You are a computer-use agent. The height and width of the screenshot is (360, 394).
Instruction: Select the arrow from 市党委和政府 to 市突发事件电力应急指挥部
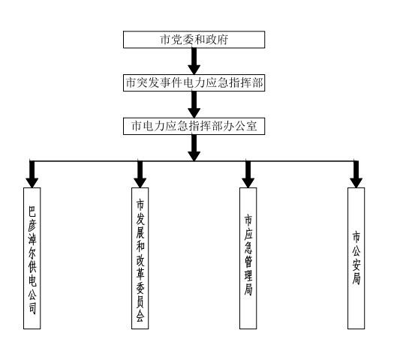[194, 61]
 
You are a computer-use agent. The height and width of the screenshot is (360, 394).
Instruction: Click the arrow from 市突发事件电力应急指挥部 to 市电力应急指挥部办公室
[194, 104]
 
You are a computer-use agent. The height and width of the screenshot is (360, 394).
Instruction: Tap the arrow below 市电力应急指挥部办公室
[194, 148]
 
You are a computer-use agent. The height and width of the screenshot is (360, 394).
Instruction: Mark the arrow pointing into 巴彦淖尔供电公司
[32, 174]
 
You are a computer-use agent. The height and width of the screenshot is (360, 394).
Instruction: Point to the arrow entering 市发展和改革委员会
[140, 174]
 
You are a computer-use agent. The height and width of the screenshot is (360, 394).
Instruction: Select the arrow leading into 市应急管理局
[248, 174]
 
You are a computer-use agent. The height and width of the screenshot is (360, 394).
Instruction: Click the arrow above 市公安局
[356, 174]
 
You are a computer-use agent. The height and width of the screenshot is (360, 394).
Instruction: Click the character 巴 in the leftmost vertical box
[32, 211]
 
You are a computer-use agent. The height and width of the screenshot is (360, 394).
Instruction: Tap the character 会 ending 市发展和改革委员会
[140, 316]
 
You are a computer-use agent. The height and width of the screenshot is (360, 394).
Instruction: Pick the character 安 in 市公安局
[356, 265]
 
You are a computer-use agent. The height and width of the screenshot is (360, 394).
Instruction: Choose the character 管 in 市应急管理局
[248, 262]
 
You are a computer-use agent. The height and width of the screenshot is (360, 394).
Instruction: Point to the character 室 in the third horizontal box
[251, 126]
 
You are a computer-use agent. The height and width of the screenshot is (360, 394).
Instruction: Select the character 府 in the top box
[223, 40]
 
